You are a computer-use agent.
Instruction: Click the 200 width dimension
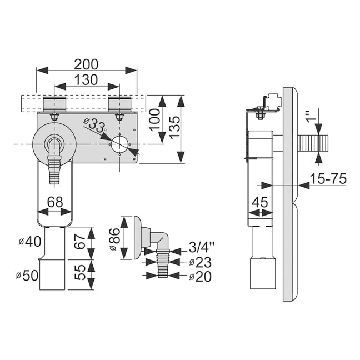pyautogui.click(x=86, y=64)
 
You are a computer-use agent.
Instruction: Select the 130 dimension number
pyautogui.click(x=86, y=79)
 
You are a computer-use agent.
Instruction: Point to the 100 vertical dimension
pyautogui.click(x=155, y=120)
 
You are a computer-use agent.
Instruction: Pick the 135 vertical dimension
pyautogui.click(x=174, y=127)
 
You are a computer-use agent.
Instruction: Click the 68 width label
pyautogui.click(x=55, y=202)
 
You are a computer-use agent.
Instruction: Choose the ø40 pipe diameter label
pyautogui.click(x=30, y=242)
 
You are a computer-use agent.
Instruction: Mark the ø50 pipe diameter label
pyautogui.click(x=27, y=276)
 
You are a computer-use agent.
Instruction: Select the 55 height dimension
pyautogui.click(x=80, y=272)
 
